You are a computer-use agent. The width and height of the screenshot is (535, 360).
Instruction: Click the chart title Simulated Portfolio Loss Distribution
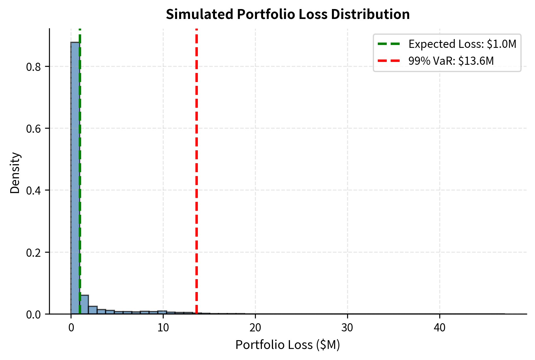[x=288, y=14]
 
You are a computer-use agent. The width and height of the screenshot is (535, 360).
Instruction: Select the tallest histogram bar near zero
[x=75, y=175]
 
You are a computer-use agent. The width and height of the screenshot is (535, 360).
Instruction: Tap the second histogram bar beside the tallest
[x=84, y=305]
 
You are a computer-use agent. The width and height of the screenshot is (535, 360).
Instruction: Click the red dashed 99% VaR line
[x=197, y=175]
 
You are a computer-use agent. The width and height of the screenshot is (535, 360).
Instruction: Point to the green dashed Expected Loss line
[x=80, y=175]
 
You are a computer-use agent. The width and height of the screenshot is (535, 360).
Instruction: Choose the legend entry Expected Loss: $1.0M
[x=462, y=44]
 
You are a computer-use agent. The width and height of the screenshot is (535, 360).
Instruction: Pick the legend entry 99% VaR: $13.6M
[x=451, y=61]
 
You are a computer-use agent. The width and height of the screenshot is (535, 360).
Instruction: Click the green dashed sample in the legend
[x=389, y=44]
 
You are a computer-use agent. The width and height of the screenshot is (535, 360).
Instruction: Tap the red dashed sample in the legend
[x=389, y=61]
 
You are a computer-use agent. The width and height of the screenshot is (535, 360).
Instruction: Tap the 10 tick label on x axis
[x=163, y=328]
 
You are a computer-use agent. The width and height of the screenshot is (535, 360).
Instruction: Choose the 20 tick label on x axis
[x=255, y=328]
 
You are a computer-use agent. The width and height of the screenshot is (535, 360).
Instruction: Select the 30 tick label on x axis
[x=347, y=328]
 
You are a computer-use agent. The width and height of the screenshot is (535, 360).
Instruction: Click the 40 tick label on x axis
[x=440, y=328]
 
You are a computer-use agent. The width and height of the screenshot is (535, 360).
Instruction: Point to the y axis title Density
[x=15, y=173]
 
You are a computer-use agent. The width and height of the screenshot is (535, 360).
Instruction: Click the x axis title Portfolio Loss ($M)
[x=288, y=345]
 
